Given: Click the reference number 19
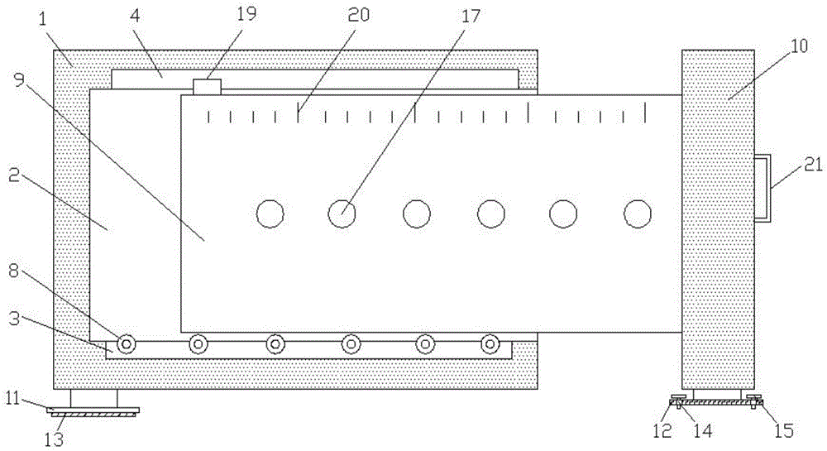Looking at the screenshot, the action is coord(246,14).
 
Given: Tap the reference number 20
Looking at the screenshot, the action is coord(359,17).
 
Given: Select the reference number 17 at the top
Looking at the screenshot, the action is coord(471,17).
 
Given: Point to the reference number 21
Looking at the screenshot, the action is coord(813,166).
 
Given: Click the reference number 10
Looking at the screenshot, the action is coord(800,46).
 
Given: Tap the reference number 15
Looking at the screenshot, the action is coord(784,431).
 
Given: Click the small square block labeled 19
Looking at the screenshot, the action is coord(207,87).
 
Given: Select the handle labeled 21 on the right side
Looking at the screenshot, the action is coord(762,187).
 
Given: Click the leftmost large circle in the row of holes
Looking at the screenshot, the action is coord(270,214).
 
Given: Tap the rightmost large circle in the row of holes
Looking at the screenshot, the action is coord(638,214).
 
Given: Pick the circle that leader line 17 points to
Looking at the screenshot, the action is coord(342,214).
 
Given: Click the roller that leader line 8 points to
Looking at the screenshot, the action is coord(126,344).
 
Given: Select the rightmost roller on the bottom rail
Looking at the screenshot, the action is coord(490,344).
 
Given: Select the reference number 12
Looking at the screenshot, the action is coord(662,431).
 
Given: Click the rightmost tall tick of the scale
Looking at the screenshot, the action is coord(646,113).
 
